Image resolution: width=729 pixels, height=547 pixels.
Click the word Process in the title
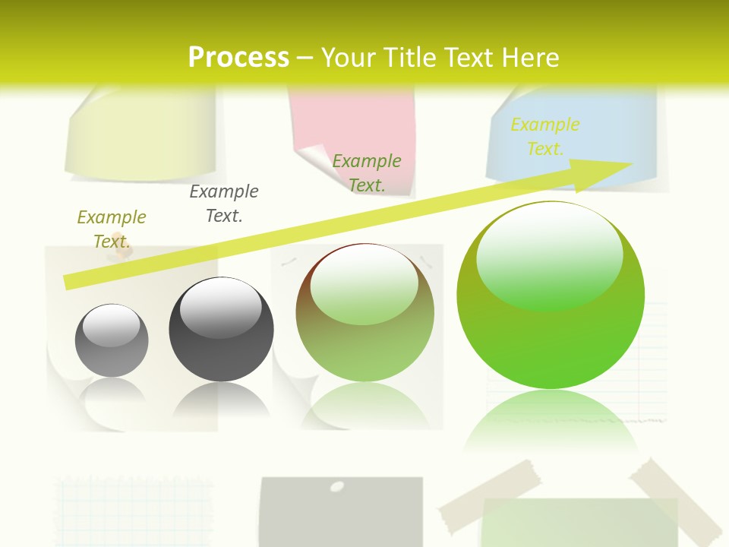click(238, 57)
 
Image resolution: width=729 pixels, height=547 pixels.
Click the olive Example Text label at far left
click(112, 229)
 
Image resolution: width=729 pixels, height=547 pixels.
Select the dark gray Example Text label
click(224, 203)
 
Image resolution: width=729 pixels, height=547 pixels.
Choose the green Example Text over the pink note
click(367, 172)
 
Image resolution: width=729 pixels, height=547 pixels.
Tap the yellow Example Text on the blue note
click(545, 136)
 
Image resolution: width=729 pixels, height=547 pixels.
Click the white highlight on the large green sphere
click(549, 255)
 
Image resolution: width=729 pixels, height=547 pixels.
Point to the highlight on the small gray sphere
click(112, 324)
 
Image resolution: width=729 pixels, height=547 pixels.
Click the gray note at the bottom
click(340, 517)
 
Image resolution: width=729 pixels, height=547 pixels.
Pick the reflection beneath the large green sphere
click(551, 425)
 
